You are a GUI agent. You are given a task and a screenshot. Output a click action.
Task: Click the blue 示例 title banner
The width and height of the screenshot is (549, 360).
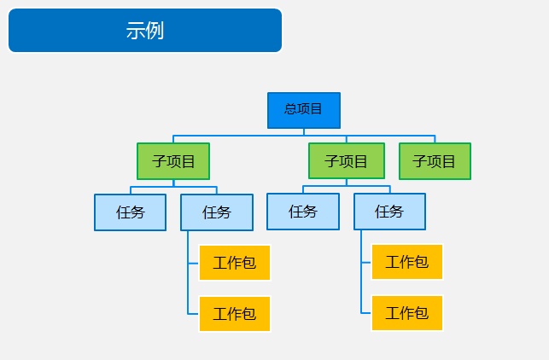[x=145, y=31]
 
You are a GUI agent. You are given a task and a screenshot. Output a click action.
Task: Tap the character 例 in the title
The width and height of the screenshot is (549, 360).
[x=155, y=31]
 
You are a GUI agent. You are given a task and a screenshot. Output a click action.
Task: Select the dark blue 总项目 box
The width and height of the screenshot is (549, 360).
[x=304, y=110]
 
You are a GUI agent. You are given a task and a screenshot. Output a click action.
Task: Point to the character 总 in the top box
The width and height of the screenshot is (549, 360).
[x=290, y=109]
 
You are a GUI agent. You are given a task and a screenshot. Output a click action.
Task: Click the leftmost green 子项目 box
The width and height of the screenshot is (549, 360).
[x=173, y=161]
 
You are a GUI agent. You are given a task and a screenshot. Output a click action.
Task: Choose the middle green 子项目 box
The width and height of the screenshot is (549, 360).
[x=347, y=161]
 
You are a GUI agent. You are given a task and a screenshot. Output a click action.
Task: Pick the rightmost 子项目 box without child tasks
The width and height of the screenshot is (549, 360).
[x=435, y=161]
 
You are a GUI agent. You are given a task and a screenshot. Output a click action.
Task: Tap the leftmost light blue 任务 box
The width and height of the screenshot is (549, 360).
[x=131, y=212]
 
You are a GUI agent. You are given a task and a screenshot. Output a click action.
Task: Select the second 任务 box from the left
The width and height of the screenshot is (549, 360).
[x=217, y=212]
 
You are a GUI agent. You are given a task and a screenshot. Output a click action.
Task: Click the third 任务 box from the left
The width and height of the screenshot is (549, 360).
[x=303, y=212]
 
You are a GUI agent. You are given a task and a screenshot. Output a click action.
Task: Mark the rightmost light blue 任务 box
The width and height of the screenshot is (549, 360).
[x=389, y=212]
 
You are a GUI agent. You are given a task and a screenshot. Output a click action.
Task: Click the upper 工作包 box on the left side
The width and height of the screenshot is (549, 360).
[x=235, y=263]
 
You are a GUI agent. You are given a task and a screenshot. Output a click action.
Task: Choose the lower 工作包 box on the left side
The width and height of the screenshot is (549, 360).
[x=235, y=314]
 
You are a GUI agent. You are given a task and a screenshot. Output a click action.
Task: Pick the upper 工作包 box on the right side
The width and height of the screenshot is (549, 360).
[x=407, y=262]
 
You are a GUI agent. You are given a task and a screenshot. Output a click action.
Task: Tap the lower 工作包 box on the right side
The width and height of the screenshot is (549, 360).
[x=407, y=313]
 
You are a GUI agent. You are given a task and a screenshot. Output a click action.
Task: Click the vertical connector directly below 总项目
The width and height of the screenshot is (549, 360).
[x=304, y=132]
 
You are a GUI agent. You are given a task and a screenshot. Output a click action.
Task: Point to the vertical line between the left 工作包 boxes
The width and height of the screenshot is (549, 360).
[x=188, y=288]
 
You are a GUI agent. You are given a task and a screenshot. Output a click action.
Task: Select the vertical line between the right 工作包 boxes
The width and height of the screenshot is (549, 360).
[x=361, y=287]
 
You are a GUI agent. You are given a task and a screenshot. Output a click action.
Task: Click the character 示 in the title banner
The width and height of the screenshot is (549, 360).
[x=135, y=31]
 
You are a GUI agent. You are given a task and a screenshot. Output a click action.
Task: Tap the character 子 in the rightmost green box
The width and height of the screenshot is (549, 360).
[x=419, y=161]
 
